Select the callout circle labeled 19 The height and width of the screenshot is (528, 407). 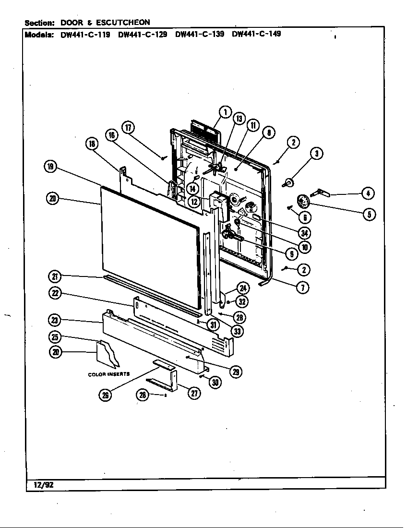50,167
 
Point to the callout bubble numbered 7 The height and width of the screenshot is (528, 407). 302,287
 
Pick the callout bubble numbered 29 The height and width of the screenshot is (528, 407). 236,371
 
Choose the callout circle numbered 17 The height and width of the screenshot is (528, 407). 128,127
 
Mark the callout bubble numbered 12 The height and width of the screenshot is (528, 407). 194,202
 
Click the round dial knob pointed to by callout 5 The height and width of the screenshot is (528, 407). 303,200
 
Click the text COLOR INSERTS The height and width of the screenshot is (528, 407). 108,374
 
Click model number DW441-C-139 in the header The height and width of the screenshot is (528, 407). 200,34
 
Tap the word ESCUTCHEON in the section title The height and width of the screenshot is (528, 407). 124,22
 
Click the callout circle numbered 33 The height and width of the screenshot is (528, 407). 236,331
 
